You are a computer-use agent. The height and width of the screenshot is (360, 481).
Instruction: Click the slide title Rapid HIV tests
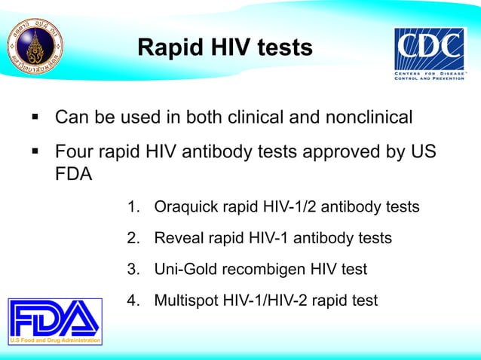click(x=224, y=48)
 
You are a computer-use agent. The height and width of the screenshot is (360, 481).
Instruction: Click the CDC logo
click(x=431, y=56)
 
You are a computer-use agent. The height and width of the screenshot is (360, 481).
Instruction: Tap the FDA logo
click(x=54, y=322)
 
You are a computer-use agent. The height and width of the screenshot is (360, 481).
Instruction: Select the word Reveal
click(x=177, y=238)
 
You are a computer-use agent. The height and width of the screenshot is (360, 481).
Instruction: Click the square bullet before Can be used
click(x=35, y=118)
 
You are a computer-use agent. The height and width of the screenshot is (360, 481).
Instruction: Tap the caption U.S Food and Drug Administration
click(x=54, y=340)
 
